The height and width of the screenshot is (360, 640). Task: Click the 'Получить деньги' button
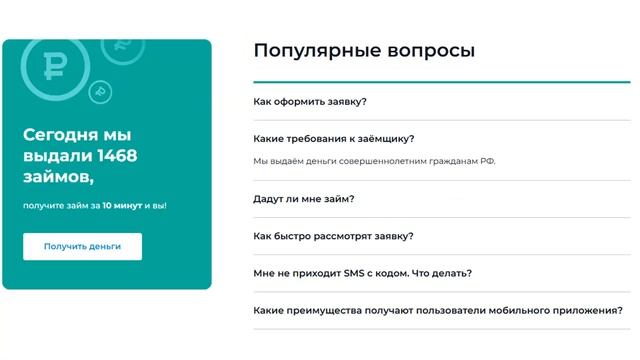(x=82, y=246)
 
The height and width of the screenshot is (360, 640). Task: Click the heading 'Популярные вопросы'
(x=363, y=50)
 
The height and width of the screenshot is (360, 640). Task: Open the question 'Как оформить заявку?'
(x=310, y=101)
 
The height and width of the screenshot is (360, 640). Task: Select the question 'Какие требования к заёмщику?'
(x=334, y=139)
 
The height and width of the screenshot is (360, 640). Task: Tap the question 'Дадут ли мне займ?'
(x=304, y=198)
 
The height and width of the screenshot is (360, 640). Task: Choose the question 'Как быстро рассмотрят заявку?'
(x=333, y=236)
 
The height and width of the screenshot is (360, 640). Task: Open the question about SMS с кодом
(x=362, y=273)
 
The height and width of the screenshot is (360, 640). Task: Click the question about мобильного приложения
(x=438, y=310)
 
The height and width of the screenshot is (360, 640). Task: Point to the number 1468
(x=117, y=156)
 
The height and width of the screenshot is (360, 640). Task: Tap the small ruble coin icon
(x=98, y=92)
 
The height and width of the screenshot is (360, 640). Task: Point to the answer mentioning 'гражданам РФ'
(x=374, y=161)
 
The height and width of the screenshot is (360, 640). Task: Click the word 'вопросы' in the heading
(x=432, y=50)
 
